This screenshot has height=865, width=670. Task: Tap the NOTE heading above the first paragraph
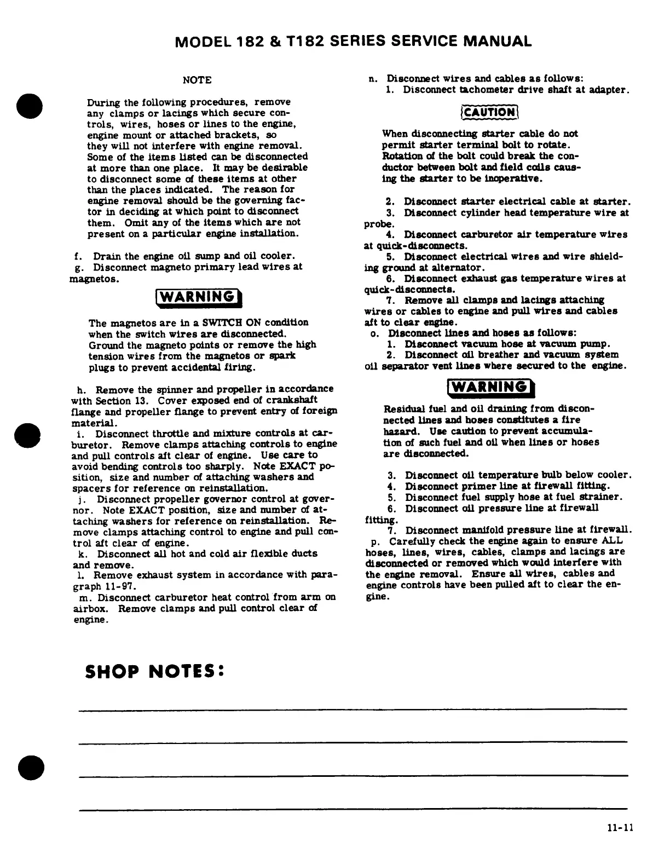(197, 80)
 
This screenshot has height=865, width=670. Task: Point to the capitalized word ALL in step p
(613, 541)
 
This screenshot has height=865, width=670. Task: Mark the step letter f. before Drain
(78, 256)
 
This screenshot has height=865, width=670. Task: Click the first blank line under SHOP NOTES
(353, 711)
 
